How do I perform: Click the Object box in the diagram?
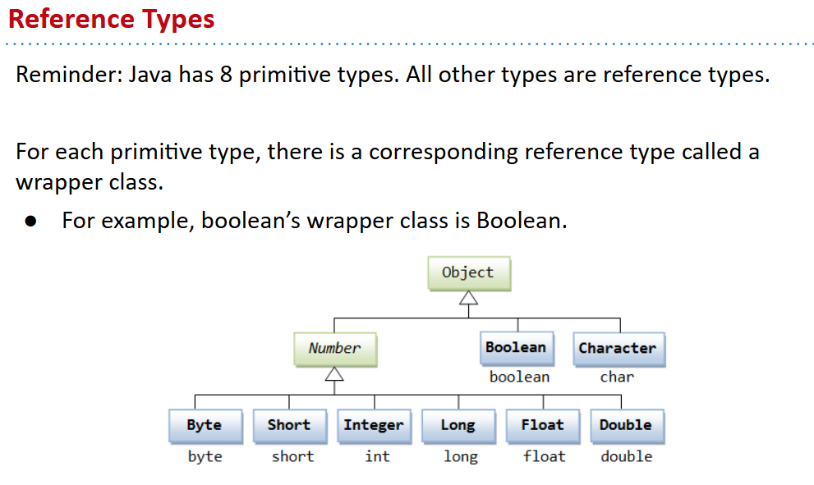pyautogui.click(x=469, y=273)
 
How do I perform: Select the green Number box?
pyautogui.click(x=335, y=349)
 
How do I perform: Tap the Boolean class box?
pyautogui.click(x=517, y=348)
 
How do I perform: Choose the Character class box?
pyautogui.click(x=619, y=349)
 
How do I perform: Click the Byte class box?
pyautogui.click(x=205, y=426)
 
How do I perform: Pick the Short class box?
pyautogui.click(x=290, y=426)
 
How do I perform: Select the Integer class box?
pyautogui.click(x=375, y=426)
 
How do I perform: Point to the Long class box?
pyautogui.click(x=459, y=426)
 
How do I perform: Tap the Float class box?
pyautogui.click(x=543, y=426)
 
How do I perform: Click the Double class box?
pyautogui.click(x=627, y=426)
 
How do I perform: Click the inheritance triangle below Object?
pyautogui.click(x=468, y=298)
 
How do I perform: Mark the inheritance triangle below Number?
pyautogui.click(x=334, y=374)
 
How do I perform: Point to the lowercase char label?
pyautogui.click(x=617, y=377)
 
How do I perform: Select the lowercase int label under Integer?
pyautogui.click(x=377, y=456)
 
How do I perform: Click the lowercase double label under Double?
pyautogui.click(x=627, y=456)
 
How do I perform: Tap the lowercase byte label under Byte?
pyautogui.click(x=205, y=456)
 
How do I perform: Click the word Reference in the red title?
pyautogui.click(x=71, y=19)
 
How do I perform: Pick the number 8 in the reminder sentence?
pyautogui.click(x=226, y=75)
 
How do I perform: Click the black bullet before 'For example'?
pyautogui.click(x=30, y=222)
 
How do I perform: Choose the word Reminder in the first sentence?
pyautogui.click(x=69, y=75)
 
